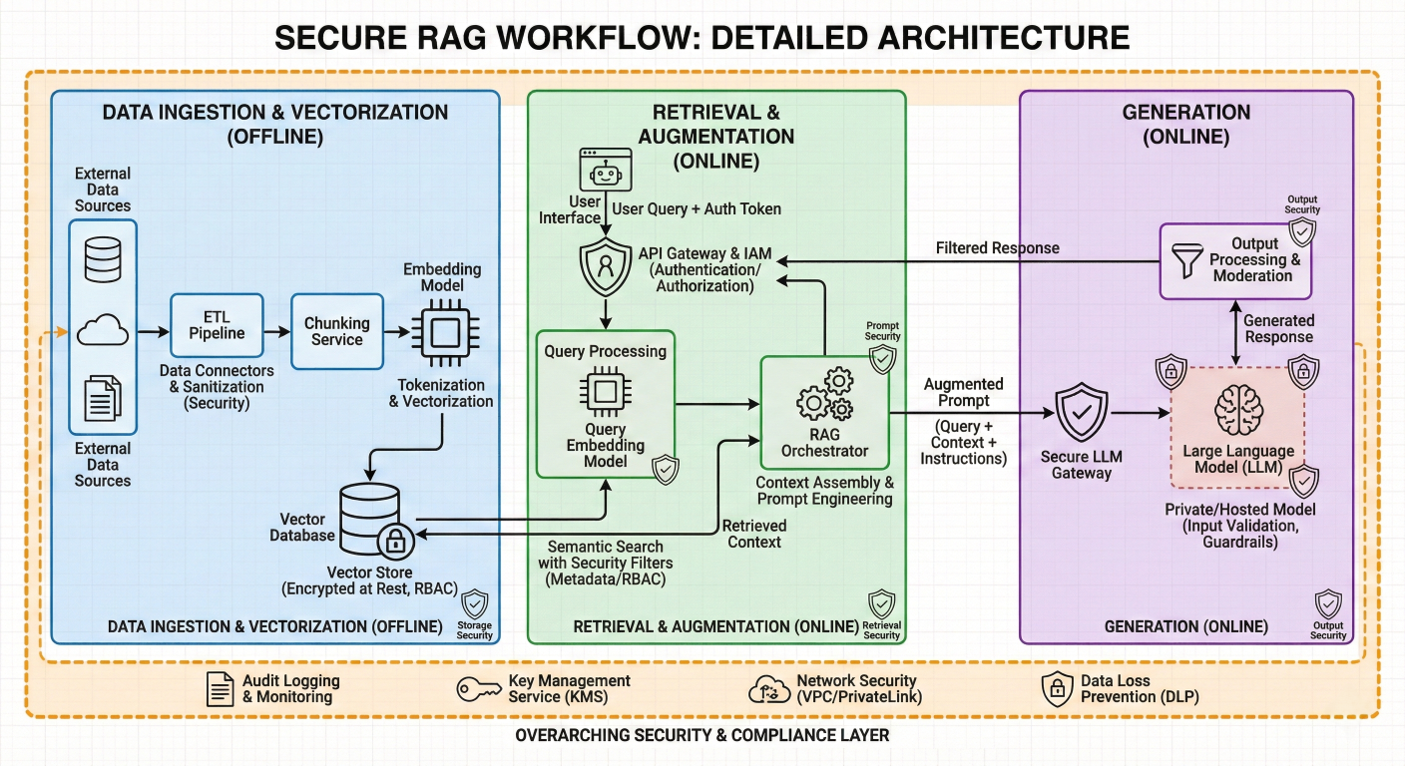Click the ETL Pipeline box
217,325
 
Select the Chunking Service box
336,331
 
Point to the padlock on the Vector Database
396,542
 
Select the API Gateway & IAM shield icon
606,267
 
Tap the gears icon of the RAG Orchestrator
824,393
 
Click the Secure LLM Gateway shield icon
1081,414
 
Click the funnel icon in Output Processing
1186,260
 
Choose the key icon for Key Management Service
479,688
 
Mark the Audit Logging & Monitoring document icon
219,688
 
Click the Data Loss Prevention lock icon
1057,688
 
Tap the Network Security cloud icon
768,688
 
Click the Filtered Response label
998,247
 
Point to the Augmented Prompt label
963,392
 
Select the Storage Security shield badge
474,604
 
